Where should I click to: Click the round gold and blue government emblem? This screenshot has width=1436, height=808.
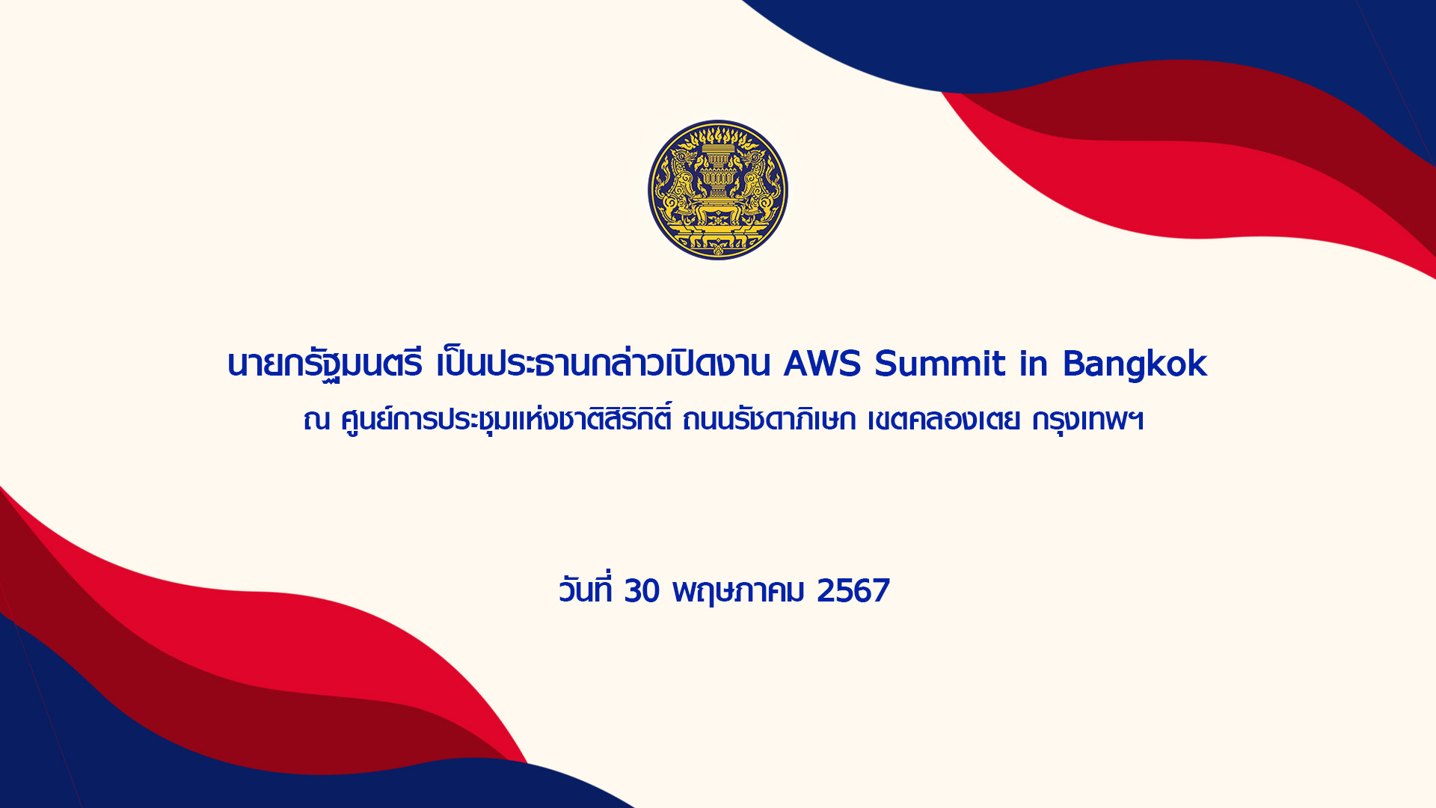[x=718, y=190]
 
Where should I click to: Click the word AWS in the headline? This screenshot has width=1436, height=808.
[x=823, y=364]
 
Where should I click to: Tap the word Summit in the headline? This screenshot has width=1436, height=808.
[x=940, y=364]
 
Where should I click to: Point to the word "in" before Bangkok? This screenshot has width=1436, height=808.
[x=1034, y=364]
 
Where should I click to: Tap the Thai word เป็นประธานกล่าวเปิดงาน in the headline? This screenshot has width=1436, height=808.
[x=604, y=363]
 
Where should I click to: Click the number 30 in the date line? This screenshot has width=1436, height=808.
[x=642, y=591]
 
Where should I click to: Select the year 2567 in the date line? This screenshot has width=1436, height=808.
[x=853, y=591]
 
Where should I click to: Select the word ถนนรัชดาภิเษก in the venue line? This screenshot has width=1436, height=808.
[x=770, y=419]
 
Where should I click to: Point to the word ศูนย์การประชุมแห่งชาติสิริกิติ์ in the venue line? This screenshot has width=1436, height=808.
[x=506, y=419]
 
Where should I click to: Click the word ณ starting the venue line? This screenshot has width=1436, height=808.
[x=316, y=421]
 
